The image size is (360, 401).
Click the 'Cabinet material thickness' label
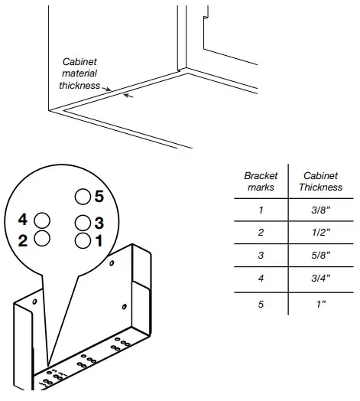click(x=79, y=73)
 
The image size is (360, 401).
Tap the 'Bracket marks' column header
click(x=260, y=181)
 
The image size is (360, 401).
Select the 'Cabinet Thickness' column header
click(x=320, y=181)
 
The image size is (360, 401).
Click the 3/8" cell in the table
click(x=320, y=210)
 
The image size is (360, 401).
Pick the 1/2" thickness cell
click(x=320, y=232)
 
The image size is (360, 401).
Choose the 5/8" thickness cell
click(x=320, y=255)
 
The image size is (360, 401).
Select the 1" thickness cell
click(x=320, y=304)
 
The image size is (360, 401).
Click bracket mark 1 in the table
click(x=260, y=210)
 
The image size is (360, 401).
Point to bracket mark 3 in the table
click(x=260, y=255)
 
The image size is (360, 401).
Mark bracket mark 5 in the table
click(x=260, y=304)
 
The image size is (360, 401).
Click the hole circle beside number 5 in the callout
click(x=82, y=197)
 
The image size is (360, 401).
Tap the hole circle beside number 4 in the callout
click(x=43, y=220)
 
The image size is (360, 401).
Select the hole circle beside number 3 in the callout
click(x=83, y=223)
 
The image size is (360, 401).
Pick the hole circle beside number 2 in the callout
click(x=43, y=238)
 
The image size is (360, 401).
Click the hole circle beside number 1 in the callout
click(x=83, y=240)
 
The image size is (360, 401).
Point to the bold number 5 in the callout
click(x=99, y=197)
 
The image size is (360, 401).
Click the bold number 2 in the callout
click(x=23, y=240)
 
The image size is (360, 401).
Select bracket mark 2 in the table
click(x=260, y=232)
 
